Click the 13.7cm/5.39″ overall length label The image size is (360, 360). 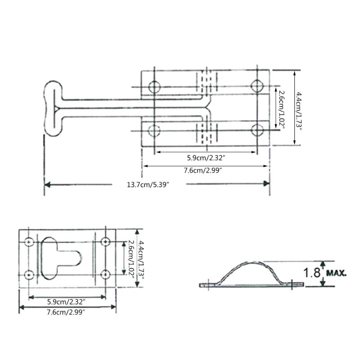[x=149, y=185]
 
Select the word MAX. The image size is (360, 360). [x=337, y=273]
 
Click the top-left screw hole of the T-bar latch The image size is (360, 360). [x=155, y=85]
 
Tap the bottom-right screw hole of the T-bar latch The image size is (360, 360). [x=257, y=130]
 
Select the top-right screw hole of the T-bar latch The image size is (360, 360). [x=257, y=85]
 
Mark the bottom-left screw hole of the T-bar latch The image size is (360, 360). [x=155, y=130]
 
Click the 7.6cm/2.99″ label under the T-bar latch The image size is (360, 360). [x=206, y=170]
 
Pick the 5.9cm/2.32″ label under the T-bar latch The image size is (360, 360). [x=206, y=157]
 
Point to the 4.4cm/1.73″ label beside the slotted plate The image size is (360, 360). [x=141, y=260]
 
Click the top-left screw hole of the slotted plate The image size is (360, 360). [x=29, y=242]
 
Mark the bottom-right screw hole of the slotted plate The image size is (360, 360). [x=106, y=274]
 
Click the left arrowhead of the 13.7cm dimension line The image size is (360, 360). [x=48, y=184]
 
